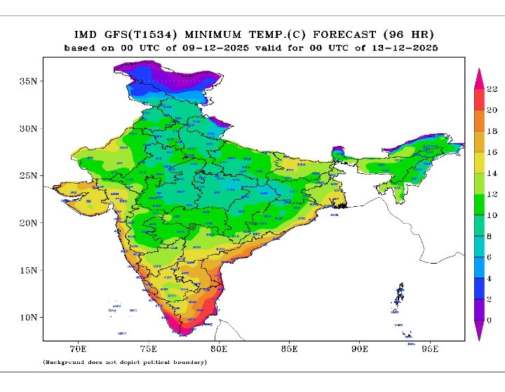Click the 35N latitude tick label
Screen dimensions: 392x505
point(28,81)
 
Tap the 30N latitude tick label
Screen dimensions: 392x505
point(28,129)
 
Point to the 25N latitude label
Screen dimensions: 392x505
point(28,175)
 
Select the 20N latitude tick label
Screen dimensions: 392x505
point(28,223)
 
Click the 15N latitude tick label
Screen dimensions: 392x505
point(28,270)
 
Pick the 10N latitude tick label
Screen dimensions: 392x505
point(28,318)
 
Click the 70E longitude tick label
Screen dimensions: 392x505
point(78,348)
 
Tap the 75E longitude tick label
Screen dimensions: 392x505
point(148,348)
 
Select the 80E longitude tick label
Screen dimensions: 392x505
point(219,348)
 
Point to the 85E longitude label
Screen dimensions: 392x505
point(289,348)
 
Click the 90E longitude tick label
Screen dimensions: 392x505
point(360,348)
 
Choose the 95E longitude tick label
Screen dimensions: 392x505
point(430,348)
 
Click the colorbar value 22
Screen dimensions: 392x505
point(492,89)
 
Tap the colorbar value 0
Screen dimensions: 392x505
point(490,320)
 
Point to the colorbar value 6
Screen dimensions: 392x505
point(490,257)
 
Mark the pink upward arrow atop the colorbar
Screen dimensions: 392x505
point(478,76)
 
